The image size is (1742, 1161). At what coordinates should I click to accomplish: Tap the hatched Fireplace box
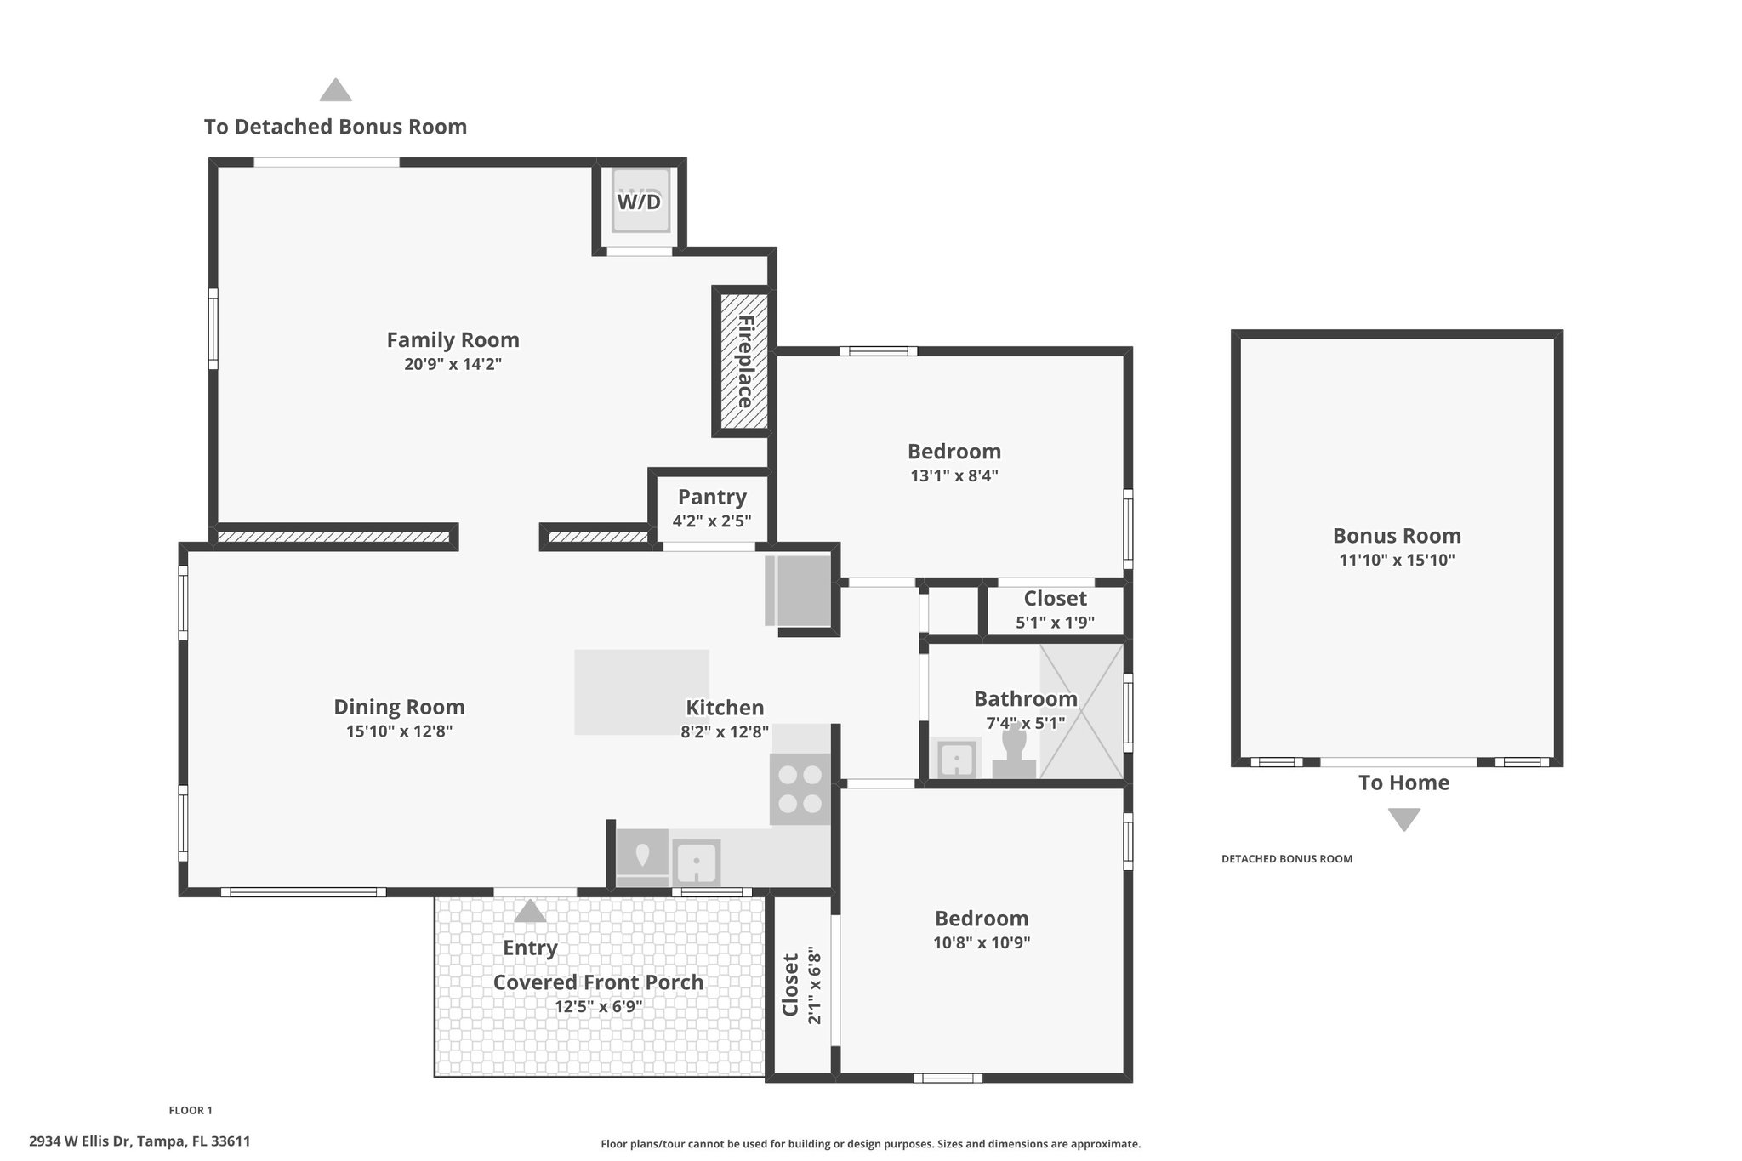point(744,361)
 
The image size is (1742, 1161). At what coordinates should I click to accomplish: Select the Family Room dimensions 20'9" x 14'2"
point(453,365)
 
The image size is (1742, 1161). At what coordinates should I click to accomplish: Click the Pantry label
point(712,497)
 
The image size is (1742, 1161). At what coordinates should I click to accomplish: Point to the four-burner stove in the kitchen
point(800,788)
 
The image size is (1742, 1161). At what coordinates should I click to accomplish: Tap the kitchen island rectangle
point(641,692)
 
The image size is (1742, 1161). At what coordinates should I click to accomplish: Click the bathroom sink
point(957,759)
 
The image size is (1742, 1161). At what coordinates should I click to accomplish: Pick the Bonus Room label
point(1397,536)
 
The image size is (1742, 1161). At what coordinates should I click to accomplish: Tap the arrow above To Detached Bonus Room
point(336,90)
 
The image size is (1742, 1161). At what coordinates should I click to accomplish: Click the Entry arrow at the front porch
point(530,911)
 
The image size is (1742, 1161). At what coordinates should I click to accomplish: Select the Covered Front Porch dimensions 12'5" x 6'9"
point(599,1007)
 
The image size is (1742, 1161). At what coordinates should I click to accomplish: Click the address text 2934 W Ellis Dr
point(80,1141)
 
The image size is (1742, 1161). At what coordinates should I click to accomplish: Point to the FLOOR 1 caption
point(191,1110)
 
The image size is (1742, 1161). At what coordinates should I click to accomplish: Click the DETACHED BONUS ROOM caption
point(1287,859)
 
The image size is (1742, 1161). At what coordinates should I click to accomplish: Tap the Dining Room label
point(399,707)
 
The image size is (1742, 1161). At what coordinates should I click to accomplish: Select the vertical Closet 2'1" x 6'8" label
point(802,985)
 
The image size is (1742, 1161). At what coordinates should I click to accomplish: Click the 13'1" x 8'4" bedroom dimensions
point(954,475)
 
